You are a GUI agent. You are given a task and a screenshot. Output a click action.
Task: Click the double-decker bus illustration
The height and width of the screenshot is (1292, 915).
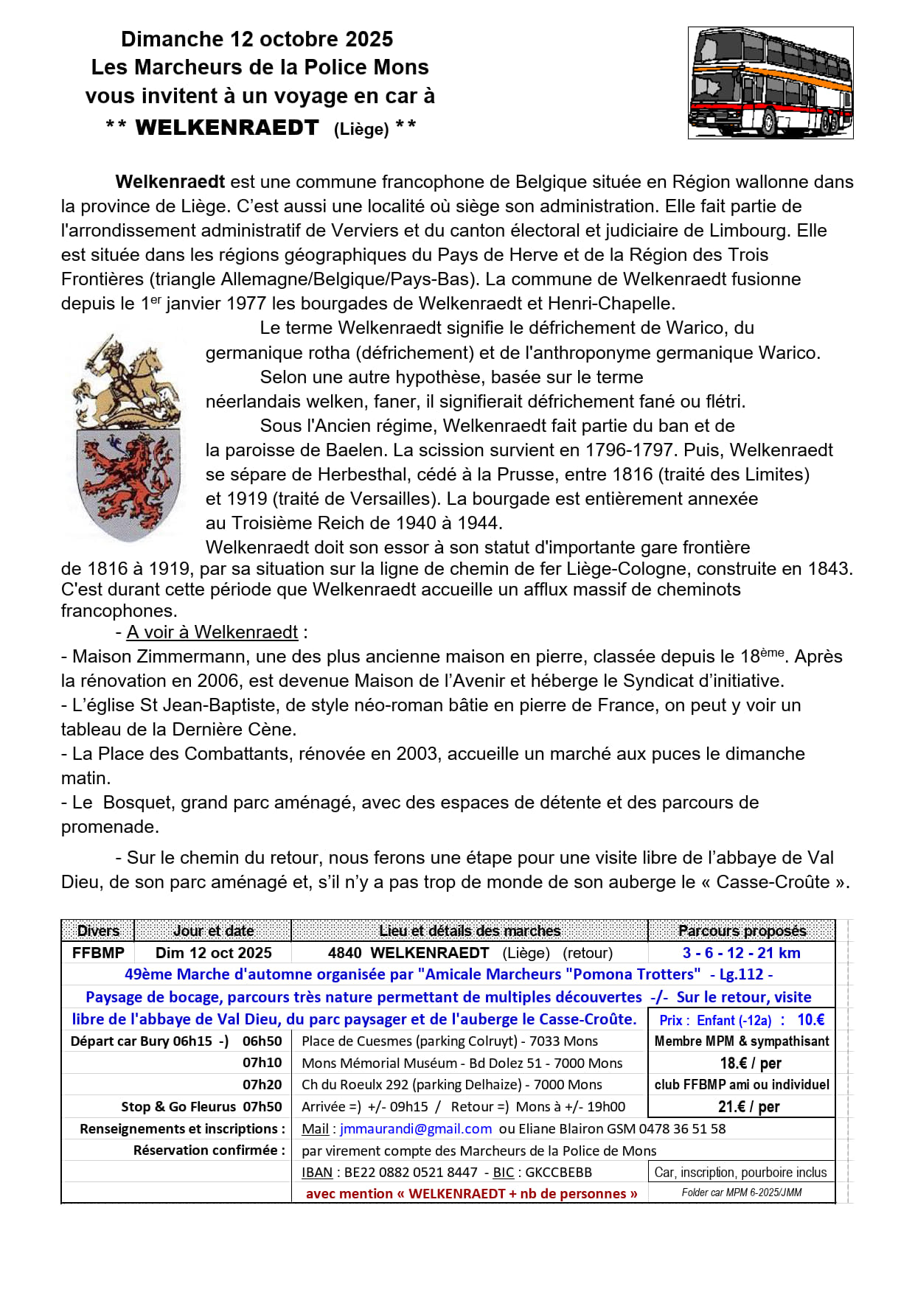[x=770, y=83]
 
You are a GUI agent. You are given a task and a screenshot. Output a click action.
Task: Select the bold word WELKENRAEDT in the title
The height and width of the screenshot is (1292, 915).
[x=227, y=128]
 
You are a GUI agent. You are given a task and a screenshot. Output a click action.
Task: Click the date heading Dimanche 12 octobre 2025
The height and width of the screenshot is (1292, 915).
[x=257, y=39]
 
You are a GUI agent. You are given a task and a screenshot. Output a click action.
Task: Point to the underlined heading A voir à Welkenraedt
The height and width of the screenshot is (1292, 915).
[x=212, y=632]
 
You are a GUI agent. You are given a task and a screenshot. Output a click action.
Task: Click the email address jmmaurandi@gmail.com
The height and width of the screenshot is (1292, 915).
[x=416, y=1128]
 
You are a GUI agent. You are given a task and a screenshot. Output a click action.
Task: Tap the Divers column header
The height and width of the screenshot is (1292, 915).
[x=98, y=931]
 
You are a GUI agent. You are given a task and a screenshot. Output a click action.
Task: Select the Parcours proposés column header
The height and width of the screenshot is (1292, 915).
[x=742, y=931]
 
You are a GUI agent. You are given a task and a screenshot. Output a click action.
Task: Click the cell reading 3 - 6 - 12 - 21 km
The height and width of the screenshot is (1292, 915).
[x=742, y=953]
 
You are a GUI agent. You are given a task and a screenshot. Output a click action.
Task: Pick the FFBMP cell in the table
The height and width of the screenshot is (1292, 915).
[x=98, y=953]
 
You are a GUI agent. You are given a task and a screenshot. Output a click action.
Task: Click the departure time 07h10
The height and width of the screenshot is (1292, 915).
[x=262, y=1063]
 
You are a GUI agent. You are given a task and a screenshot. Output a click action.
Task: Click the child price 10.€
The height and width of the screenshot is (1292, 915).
[x=811, y=1020]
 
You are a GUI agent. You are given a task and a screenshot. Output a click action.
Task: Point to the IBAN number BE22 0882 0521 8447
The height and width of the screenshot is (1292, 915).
[x=411, y=1172]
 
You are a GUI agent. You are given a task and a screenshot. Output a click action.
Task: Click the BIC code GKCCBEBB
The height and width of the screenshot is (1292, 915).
[x=558, y=1172]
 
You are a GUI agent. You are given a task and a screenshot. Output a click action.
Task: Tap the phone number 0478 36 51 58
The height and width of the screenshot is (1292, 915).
[x=682, y=1128]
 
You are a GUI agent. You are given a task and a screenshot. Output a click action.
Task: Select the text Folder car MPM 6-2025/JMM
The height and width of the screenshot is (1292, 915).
[x=742, y=1193]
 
